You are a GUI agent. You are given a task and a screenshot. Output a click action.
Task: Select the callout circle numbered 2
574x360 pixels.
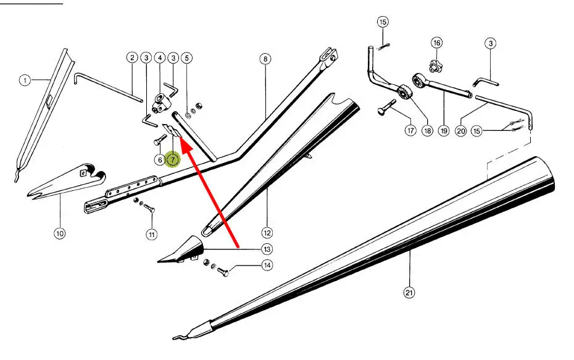(132, 57)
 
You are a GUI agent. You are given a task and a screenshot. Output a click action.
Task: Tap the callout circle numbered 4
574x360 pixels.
(160, 57)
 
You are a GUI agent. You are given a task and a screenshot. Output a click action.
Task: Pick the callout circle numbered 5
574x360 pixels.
(187, 57)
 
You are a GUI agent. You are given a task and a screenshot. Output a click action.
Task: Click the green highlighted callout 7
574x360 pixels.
(173, 160)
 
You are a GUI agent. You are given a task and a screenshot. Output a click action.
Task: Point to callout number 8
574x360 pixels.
(265, 59)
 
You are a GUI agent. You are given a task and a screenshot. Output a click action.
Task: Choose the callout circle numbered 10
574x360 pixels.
(60, 233)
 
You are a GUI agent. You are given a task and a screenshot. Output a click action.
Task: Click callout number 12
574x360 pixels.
(267, 233)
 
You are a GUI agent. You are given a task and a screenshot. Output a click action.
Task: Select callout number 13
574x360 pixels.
(267, 249)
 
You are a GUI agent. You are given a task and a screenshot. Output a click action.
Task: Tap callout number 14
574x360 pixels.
(267, 266)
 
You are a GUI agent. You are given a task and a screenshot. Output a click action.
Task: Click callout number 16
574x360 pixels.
(437, 43)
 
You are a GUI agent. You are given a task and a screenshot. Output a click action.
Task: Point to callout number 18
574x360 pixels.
(427, 131)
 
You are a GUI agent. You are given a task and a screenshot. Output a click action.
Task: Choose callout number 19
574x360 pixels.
(444, 131)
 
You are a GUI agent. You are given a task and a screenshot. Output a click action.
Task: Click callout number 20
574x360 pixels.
(460, 131)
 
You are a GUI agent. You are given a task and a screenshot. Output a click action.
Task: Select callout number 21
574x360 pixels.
(408, 293)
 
